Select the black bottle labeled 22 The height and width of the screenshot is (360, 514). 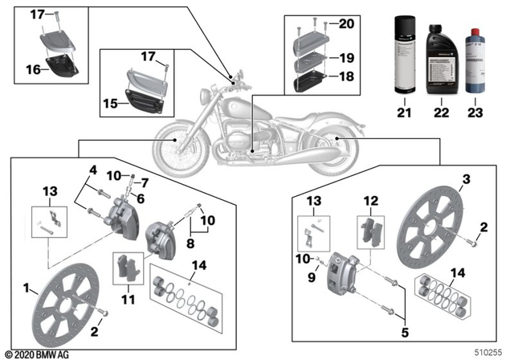pos(439,55)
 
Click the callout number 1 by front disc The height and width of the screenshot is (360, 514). pos(27,288)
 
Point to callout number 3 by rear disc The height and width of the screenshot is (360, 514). pos(465,178)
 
